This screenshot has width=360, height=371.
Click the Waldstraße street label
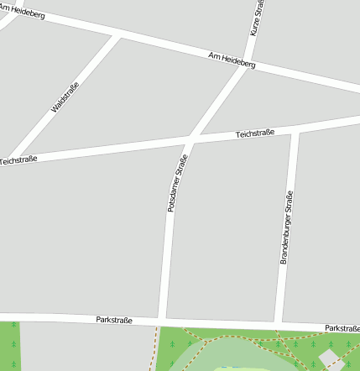65,97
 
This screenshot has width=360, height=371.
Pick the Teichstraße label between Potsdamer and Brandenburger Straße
255,133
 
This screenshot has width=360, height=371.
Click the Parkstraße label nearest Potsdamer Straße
114,319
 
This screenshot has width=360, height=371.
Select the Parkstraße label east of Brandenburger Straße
342,327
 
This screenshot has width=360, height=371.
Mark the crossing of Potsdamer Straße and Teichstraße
191,139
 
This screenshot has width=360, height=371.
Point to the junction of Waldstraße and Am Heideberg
117,35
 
